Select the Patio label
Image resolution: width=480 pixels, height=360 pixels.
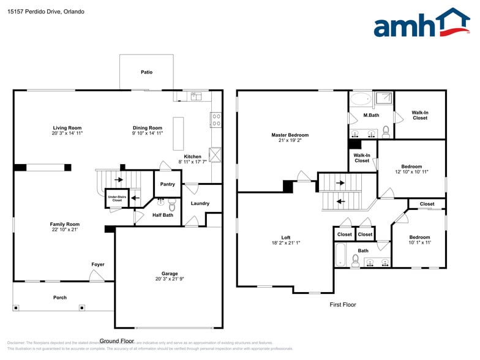click(146, 72)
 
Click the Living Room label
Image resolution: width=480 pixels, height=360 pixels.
click(67, 128)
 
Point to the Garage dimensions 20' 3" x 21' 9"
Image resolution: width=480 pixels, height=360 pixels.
click(170, 279)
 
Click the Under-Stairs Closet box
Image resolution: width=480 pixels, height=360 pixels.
click(117, 198)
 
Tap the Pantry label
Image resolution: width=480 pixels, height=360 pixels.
click(167, 184)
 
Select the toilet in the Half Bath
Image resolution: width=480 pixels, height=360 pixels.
click(172, 205)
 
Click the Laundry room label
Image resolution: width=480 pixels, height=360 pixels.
click(200, 203)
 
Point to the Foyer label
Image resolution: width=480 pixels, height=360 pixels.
click(98, 264)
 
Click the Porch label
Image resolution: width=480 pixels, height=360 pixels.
click(60, 298)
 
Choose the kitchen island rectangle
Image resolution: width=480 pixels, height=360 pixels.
click(178, 133)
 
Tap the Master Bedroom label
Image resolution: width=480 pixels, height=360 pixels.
click(290, 135)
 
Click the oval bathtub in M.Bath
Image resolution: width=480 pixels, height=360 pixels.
click(361, 99)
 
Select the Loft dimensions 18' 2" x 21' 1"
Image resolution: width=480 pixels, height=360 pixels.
click(286, 243)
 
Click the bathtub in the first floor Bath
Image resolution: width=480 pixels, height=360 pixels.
click(341, 255)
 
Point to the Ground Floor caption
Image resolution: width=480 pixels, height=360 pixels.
click(117, 341)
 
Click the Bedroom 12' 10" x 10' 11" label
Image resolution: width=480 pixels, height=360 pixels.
click(411, 167)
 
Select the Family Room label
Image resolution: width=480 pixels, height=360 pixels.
click(65, 224)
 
